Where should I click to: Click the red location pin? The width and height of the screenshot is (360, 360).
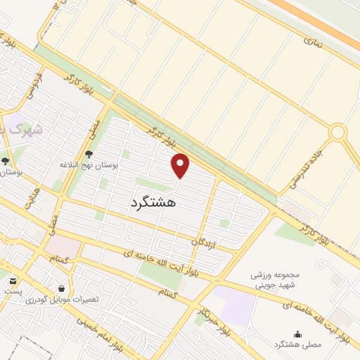pos(181,165)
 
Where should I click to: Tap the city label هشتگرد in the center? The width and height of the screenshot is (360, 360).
pos(153,202)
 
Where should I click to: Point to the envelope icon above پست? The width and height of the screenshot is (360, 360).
pos(13,281)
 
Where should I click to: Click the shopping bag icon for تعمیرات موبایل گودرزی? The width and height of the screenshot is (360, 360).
pos(61,288)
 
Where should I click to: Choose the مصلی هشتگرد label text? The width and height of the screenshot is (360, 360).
pos(297,345)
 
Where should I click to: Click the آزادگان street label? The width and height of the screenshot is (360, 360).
pos(204,241)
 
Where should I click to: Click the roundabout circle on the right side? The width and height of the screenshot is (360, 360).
pos(338,131)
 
